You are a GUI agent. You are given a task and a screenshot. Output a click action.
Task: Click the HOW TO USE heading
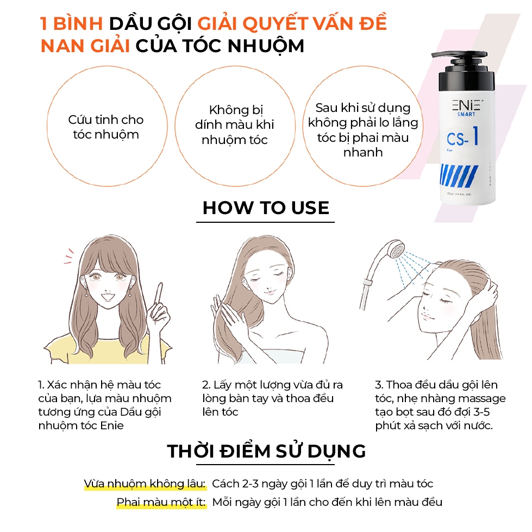pyautogui.click(x=266, y=208)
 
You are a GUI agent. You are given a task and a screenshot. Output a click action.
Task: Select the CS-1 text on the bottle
pyautogui.click(x=463, y=137)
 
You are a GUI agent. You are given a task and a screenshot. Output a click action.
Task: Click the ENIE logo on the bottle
pyautogui.click(x=467, y=105)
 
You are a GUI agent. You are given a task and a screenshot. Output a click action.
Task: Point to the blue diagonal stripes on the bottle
pyautogui.click(x=459, y=176)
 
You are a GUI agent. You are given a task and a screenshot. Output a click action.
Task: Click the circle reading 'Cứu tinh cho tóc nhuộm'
pyautogui.click(x=107, y=126)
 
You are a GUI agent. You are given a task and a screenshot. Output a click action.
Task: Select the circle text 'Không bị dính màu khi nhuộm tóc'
pyautogui.click(x=234, y=125)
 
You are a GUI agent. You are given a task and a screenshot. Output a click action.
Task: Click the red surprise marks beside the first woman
pyautogui.click(x=69, y=256)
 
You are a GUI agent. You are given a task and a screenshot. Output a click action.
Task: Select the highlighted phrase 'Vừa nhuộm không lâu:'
pyautogui.click(x=145, y=484)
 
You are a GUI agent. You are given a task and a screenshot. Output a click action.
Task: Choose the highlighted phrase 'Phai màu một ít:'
pyautogui.click(x=161, y=502)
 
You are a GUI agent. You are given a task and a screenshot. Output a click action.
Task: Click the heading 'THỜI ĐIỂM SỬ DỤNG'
pyautogui.click(x=266, y=451)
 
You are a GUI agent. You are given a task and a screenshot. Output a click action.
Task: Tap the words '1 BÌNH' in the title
pyautogui.click(x=71, y=23)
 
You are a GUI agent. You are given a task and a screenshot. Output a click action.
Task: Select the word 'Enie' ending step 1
pyautogui.click(x=111, y=425)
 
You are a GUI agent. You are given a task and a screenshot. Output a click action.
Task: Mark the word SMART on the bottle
pyautogui.click(x=466, y=114)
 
